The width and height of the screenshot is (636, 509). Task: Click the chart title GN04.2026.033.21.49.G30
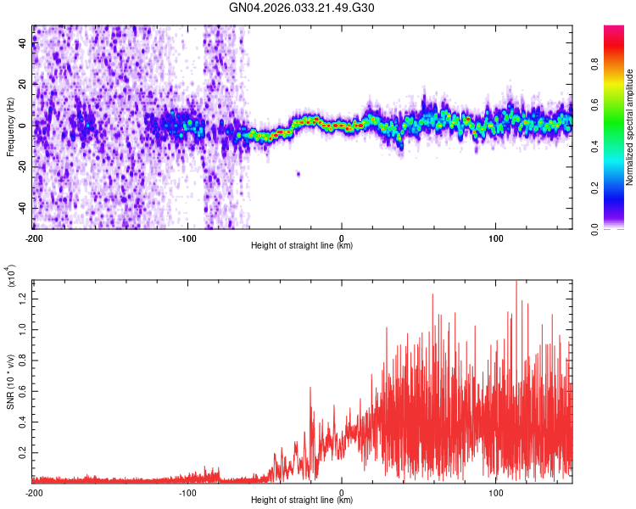tap(302, 8)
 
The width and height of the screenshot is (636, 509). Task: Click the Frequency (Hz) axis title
tap(10, 126)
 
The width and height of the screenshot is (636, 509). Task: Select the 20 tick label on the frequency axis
tap(23, 84)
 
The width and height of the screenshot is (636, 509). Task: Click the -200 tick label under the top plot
tap(34, 238)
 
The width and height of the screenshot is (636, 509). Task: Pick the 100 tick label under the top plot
tap(496, 238)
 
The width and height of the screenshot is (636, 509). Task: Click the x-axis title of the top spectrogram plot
tap(302, 246)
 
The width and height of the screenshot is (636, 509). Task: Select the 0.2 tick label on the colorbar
tap(617, 188)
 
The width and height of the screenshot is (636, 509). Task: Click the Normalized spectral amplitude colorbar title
tap(630, 126)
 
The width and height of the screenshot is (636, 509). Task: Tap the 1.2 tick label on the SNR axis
tap(21, 296)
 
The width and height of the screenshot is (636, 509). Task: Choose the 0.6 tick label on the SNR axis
tap(21, 389)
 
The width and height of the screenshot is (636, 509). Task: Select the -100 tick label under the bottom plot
tap(187, 492)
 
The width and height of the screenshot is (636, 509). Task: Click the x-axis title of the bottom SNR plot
tap(302, 501)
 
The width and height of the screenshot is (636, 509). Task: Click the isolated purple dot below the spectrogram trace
tap(298, 174)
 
